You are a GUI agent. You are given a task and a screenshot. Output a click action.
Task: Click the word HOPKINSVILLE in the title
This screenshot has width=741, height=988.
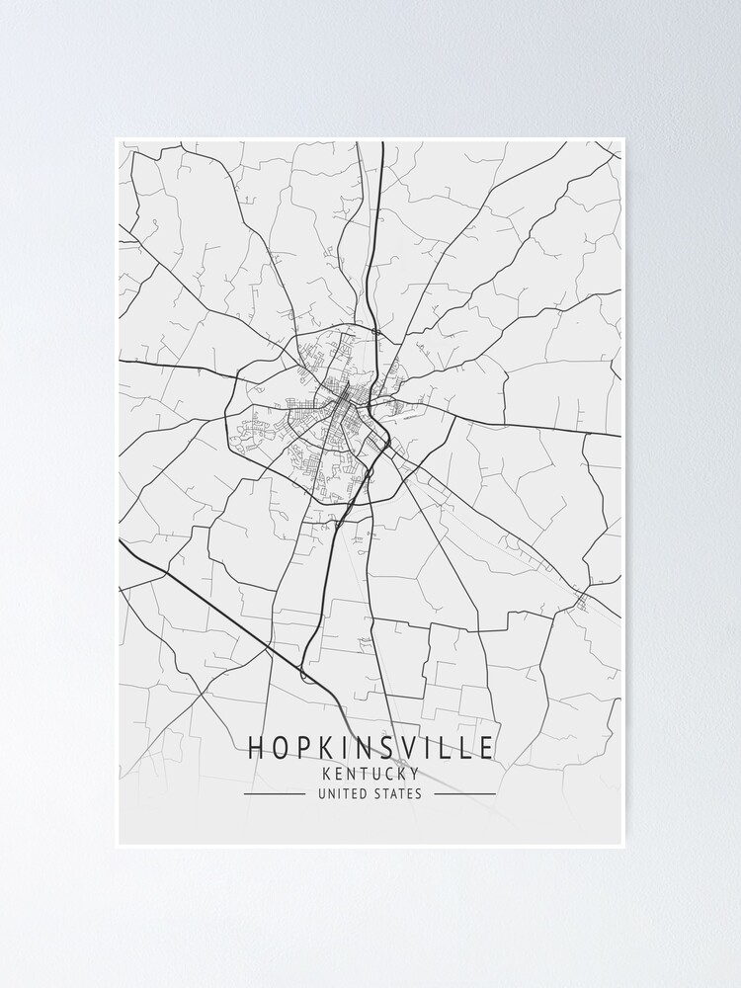(370, 748)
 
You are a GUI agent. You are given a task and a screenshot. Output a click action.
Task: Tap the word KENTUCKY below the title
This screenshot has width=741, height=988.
(370, 774)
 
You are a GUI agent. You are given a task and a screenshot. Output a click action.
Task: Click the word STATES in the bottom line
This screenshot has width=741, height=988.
(398, 793)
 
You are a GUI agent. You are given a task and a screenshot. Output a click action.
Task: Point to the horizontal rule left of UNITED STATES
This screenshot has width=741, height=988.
(275, 793)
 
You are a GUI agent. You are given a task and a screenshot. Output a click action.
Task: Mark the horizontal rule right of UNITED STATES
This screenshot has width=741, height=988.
(464, 793)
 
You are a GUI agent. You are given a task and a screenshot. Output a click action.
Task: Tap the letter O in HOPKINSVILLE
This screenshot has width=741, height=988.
(280, 748)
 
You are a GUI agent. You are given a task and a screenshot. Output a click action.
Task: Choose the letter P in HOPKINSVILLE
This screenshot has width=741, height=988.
(301, 748)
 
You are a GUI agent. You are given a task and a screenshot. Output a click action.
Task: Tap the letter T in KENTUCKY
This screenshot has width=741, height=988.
(364, 774)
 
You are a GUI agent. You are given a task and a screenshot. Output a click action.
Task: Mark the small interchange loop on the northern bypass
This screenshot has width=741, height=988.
(375, 331)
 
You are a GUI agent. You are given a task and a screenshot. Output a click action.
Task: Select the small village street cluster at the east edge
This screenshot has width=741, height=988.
(581, 599)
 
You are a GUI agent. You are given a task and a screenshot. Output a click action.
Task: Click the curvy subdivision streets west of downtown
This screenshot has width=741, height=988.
(252, 427)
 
